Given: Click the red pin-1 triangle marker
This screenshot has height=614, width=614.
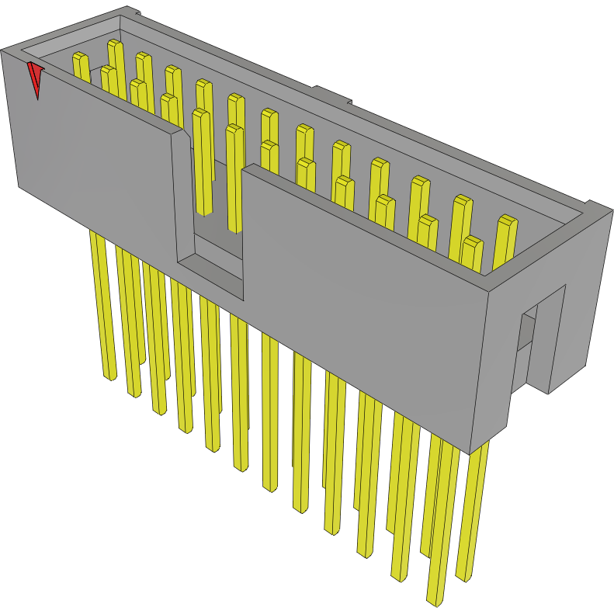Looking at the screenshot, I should (x=35, y=77).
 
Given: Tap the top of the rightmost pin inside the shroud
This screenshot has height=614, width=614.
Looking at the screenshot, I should (x=507, y=220).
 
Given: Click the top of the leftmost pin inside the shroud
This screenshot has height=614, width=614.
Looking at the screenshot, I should (x=79, y=57).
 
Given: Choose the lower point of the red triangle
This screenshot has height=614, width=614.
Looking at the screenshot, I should (x=37, y=98).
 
